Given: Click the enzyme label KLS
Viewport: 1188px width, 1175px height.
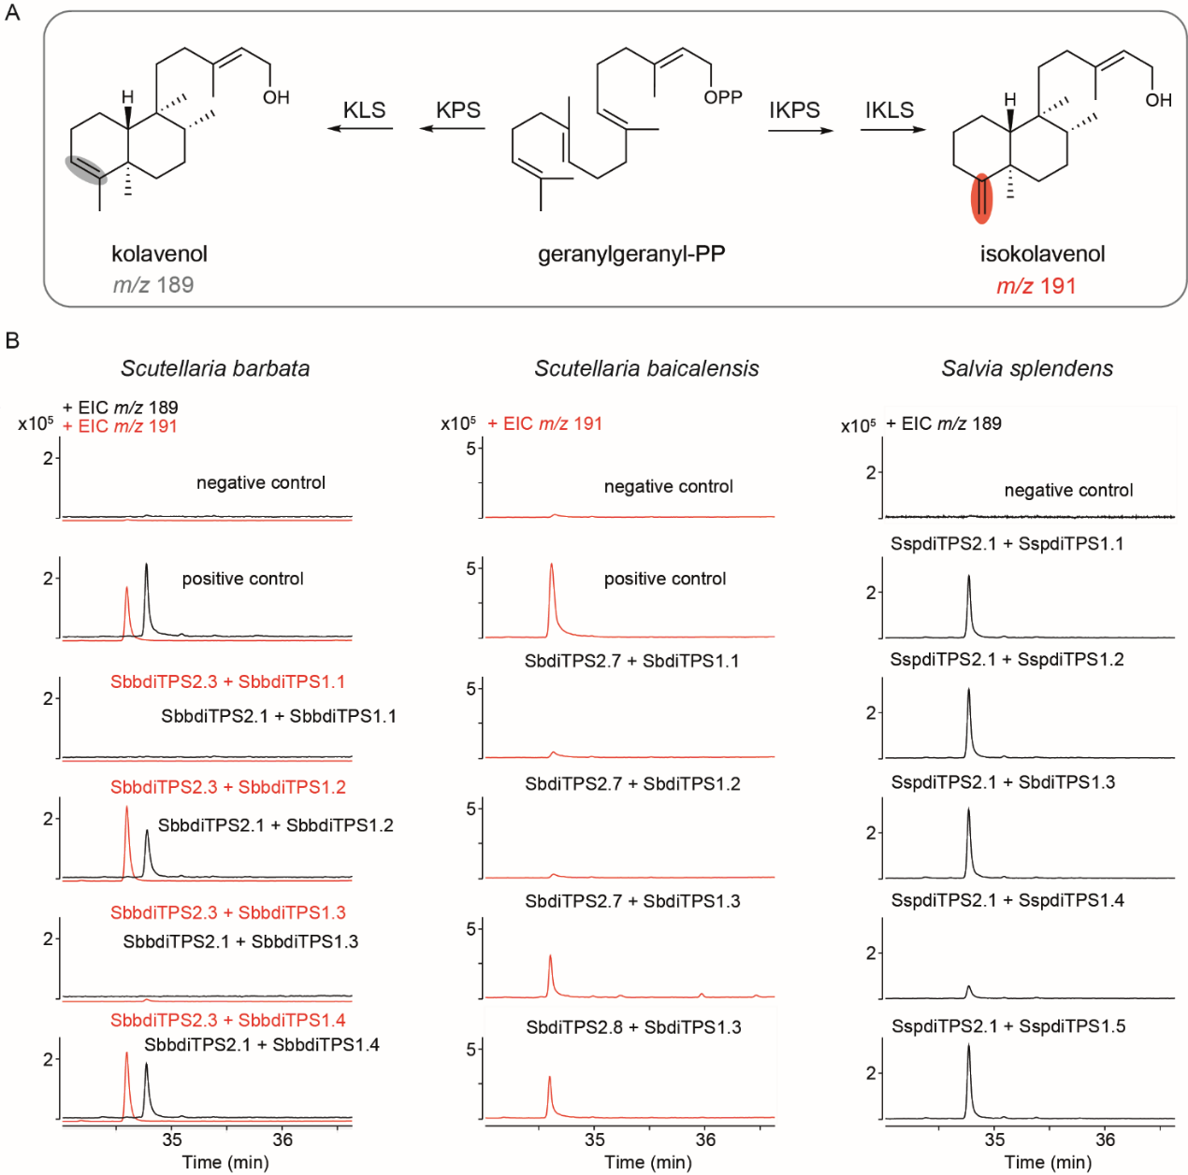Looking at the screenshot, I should (x=364, y=109).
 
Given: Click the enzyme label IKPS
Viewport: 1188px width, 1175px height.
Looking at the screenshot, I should (x=794, y=109).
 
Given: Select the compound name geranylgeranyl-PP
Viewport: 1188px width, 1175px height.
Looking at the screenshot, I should (x=631, y=253).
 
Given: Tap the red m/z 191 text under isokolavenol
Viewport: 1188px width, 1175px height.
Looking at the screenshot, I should (x=1036, y=286).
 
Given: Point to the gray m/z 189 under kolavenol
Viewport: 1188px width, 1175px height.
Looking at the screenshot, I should (x=153, y=284).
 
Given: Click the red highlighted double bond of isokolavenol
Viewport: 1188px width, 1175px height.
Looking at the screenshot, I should (x=981, y=197).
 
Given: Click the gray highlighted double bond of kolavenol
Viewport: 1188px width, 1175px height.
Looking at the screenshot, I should (x=85, y=169).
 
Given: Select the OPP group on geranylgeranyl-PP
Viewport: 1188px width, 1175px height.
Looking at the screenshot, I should (x=723, y=97).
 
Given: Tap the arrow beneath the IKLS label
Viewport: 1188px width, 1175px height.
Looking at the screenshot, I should (x=892, y=129).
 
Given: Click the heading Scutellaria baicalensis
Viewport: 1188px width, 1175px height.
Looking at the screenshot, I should (x=646, y=368).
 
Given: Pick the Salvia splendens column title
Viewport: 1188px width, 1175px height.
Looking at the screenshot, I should (x=1027, y=368).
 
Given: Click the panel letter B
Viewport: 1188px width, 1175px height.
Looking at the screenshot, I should (x=12, y=340).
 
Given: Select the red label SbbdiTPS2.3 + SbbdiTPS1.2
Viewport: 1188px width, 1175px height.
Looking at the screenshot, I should (x=228, y=787).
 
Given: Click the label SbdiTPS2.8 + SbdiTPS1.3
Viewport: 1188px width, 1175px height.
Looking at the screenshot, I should (x=633, y=1027).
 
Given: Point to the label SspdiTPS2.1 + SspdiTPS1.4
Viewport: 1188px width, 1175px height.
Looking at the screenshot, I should (x=1007, y=900).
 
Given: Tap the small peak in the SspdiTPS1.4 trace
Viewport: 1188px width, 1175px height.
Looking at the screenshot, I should (x=968, y=990).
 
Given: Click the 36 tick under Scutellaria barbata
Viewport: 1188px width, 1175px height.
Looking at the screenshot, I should (x=283, y=1139).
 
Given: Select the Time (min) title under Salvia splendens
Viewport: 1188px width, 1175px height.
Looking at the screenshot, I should (x=1048, y=1162).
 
